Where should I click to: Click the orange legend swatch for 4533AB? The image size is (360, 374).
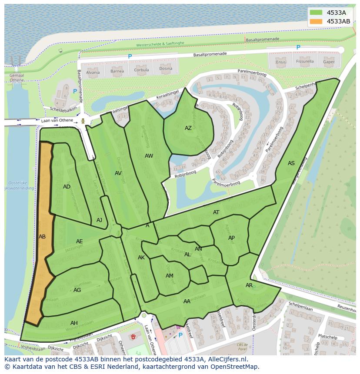[316, 21]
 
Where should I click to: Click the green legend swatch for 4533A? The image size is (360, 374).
[316, 13]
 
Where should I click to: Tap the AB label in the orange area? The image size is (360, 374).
[42, 237]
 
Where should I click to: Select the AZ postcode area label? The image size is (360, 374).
[188, 128]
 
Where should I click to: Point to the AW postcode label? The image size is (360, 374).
[149, 156]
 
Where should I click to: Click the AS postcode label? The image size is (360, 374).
[291, 163]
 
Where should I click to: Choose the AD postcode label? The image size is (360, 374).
[67, 187]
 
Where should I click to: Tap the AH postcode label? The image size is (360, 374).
[74, 323]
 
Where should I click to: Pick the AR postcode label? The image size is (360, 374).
[249, 285]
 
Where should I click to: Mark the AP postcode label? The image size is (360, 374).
[231, 238]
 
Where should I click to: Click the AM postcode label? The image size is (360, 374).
[170, 276]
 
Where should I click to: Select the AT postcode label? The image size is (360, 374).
[216, 212]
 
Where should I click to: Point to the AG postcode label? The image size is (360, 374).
[77, 290]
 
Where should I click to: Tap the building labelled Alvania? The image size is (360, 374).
[93, 72]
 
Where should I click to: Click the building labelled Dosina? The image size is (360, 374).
[166, 69]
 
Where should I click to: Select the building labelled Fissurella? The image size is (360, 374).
[305, 61]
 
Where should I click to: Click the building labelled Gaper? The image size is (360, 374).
[329, 61]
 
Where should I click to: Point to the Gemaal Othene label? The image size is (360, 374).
[17, 77]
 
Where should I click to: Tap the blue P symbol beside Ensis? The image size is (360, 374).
[298, 48]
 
